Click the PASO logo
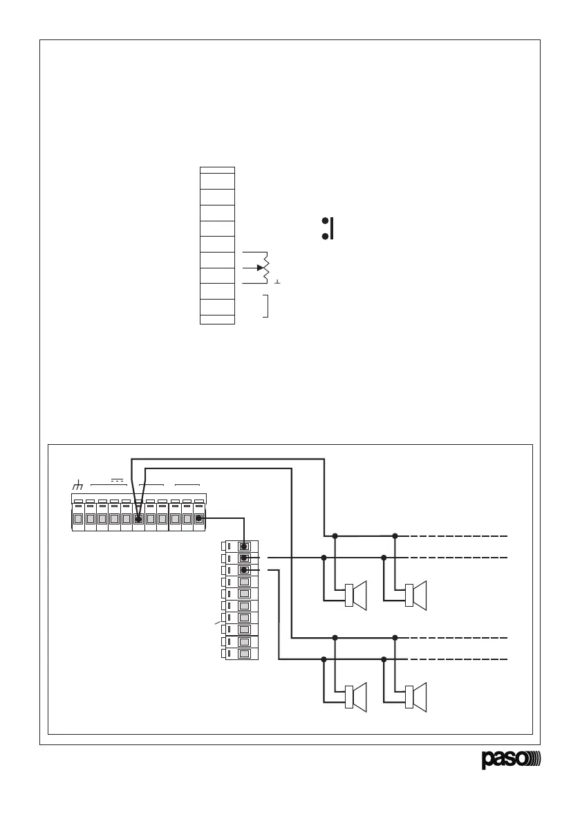point(512,760)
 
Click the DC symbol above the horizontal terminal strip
point(116,479)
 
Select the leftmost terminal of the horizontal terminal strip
point(78,518)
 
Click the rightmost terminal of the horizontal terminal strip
point(199,518)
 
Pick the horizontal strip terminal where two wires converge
point(138,518)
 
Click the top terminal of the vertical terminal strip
point(243,546)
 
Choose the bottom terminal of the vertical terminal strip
point(243,654)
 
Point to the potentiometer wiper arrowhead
point(260,267)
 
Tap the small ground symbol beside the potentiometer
point(277,282)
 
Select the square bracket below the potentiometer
point(266,306)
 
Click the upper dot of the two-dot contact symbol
point(324,221)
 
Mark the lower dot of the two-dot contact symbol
point(324,237)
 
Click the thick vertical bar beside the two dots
point(333,228)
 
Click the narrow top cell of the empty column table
point(217,170)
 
